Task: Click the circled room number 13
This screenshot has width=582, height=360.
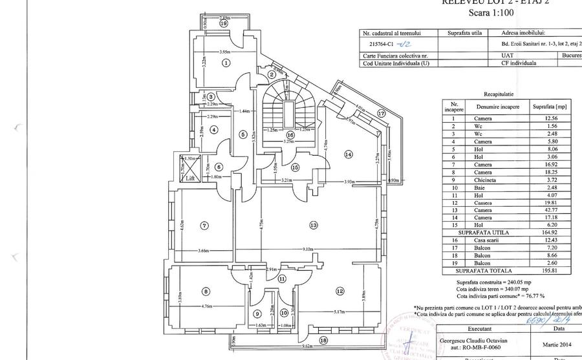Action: click(x=314, y=225)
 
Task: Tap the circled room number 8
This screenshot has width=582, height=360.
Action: click(x=206, y=290)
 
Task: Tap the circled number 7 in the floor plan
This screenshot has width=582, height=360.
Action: click(x=204, y=226)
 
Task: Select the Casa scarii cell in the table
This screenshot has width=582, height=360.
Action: click(x=492, y=240)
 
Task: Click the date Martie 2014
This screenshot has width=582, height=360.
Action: click(x=550, y=336)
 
